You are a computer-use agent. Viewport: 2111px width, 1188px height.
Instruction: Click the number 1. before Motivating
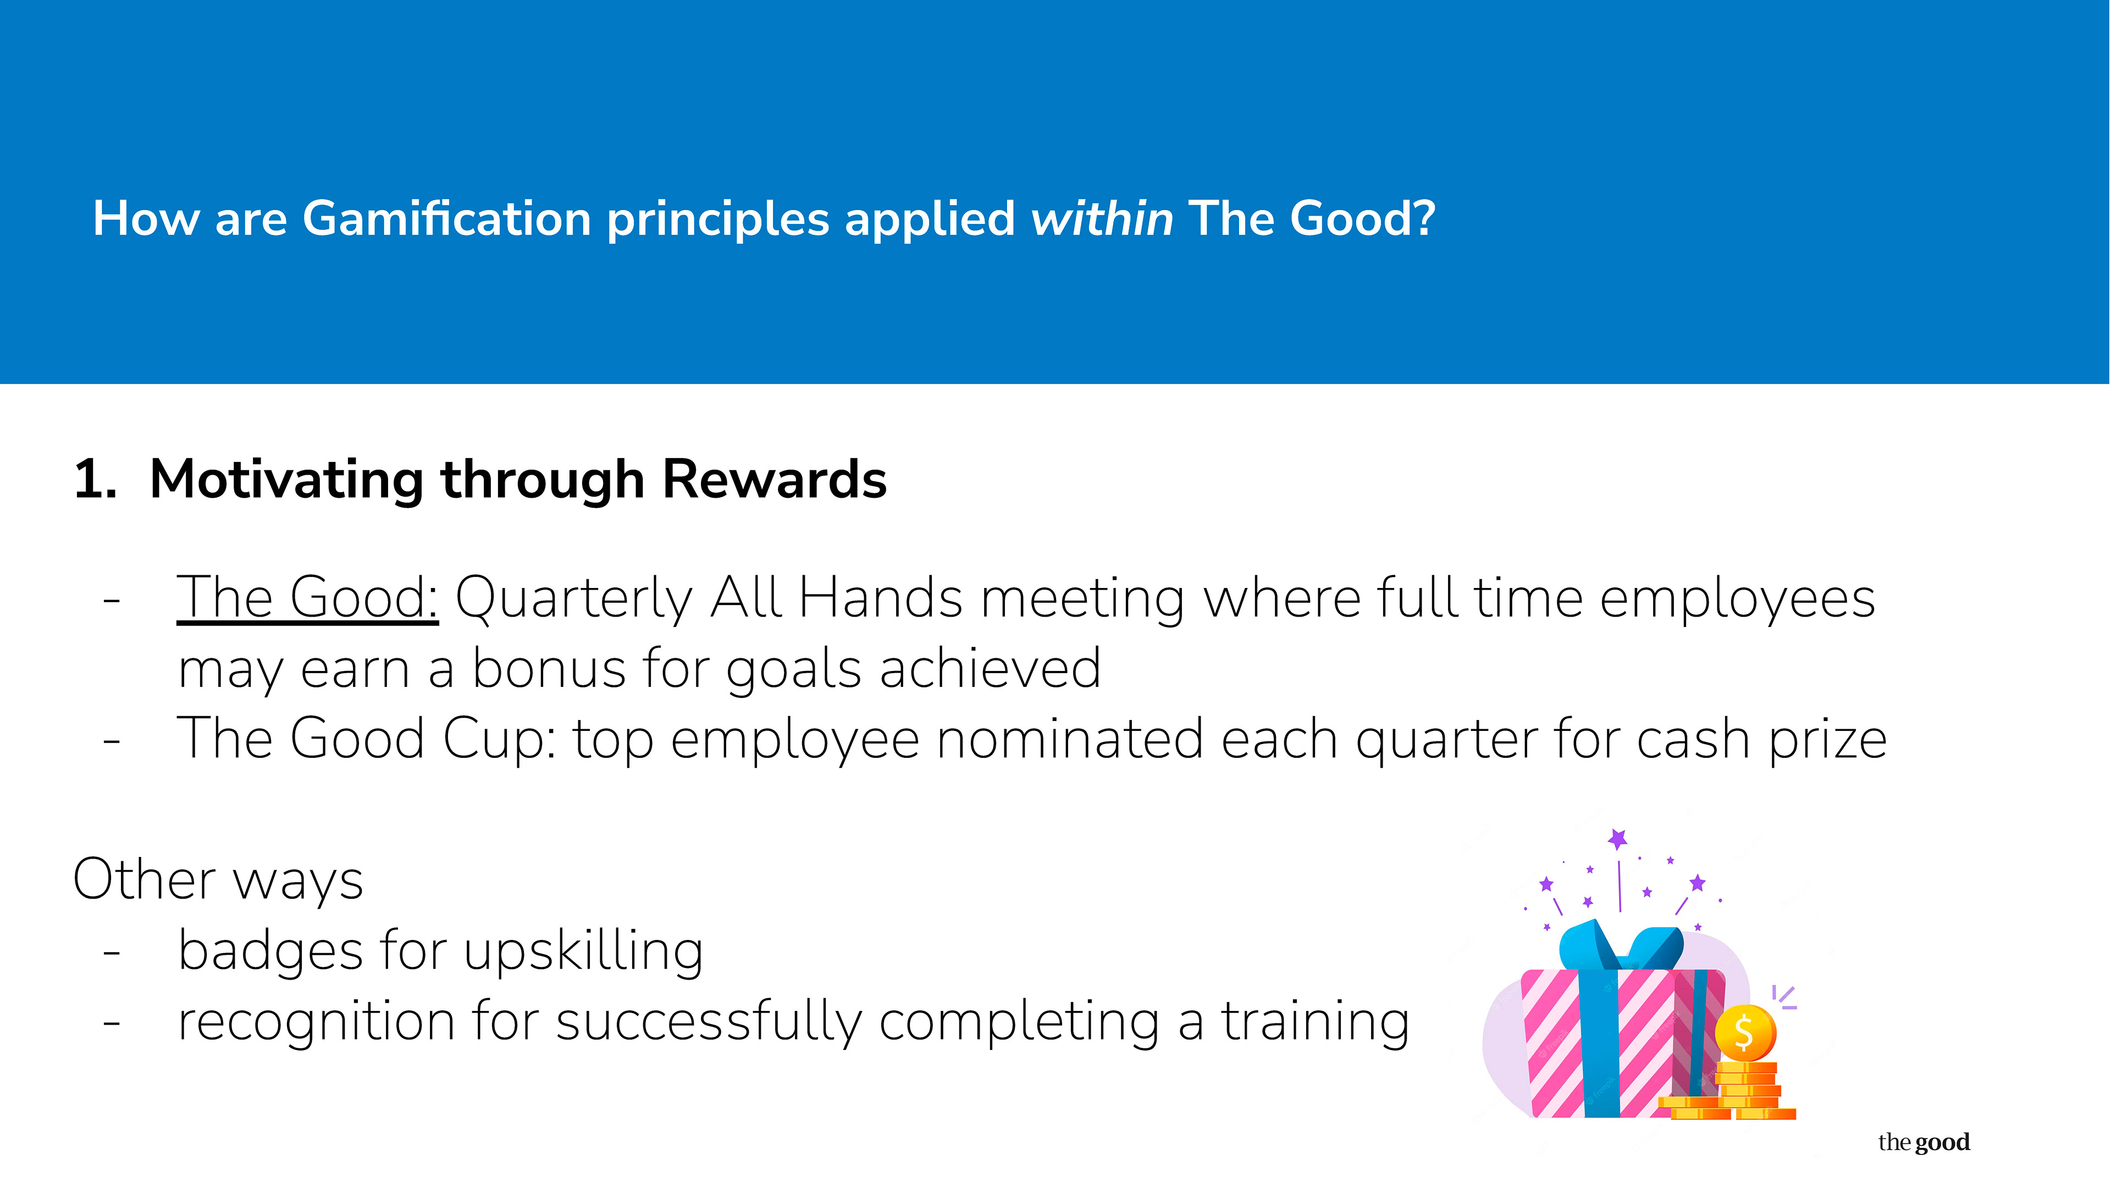95,479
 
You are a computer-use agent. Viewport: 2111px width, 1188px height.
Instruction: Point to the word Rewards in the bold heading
775,479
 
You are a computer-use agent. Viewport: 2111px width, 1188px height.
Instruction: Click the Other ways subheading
218,880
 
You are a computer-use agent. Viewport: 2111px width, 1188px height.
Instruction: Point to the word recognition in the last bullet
316,1023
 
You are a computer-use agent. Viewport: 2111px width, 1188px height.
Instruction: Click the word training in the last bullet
1316,1023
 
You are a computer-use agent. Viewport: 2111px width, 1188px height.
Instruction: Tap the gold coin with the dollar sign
1745,1033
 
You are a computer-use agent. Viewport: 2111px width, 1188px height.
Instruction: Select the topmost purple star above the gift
1618,838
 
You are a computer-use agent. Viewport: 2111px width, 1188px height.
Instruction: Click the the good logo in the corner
1924,1142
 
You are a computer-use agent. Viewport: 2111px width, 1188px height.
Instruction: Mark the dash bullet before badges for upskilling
112,953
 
